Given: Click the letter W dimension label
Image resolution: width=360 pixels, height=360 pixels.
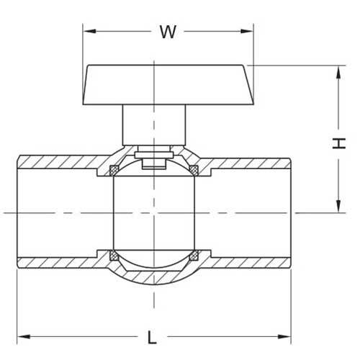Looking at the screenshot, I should pyautogui.click(x=168, y=32).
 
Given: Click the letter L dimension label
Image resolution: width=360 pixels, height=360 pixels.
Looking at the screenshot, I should pyautogui.click(x=152, y=336).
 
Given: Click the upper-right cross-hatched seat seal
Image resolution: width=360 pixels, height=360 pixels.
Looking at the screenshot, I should pyautogui.click(x=193, y=170).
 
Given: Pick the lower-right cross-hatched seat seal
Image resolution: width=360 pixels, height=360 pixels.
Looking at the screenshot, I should pyautogui.click(x=193, y=255).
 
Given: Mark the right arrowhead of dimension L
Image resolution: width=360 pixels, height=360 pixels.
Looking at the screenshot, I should pyautogui.click(x=284, y=336).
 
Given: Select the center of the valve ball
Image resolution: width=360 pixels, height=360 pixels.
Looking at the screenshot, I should pyautogui.click(x=153, y=212).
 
